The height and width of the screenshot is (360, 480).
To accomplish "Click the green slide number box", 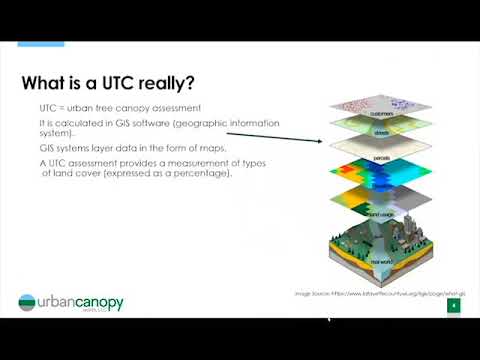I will (x=452, y=306).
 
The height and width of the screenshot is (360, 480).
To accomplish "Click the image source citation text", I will (x=379, y=293).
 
